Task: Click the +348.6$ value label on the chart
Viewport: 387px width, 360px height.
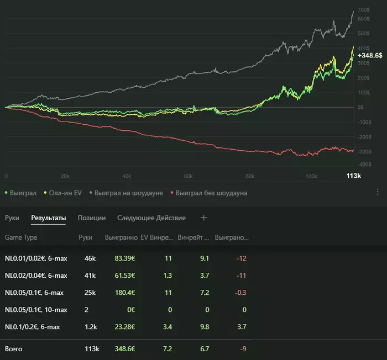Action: pos(370,56)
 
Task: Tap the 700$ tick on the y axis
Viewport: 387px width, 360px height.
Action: pos(364,10)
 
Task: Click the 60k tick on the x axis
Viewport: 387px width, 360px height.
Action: pos(188,176)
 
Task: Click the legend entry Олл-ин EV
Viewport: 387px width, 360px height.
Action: pos(63,193)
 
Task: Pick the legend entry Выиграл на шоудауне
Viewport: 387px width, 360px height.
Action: pos(128,193)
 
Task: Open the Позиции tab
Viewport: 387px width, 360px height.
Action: pos(92,218)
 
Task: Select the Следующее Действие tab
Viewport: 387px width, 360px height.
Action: pos(151,218)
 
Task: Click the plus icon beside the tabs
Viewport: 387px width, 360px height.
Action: pos(203,218)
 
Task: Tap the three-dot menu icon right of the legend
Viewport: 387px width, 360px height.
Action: pos(378,192)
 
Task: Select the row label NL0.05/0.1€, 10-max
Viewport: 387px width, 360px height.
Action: pos(36,310)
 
